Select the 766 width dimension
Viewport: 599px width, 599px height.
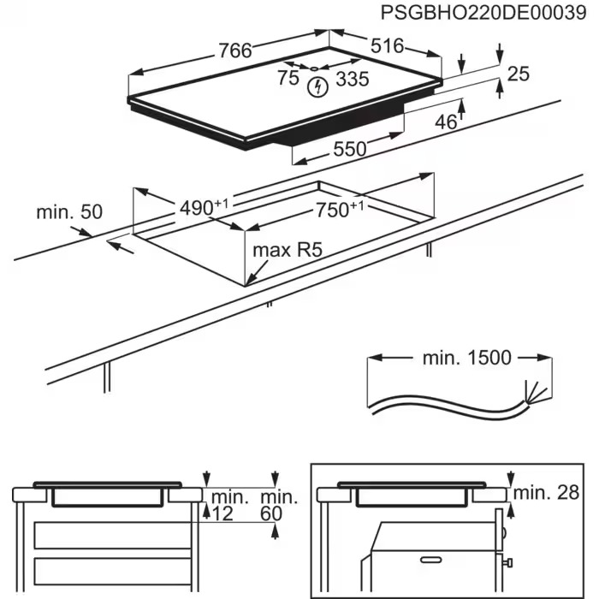tap(234, 50)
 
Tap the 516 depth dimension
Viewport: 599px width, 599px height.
tap(388, 46)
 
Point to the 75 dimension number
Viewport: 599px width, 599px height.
tap(288, 79)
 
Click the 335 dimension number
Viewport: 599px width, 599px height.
tap(352, 80)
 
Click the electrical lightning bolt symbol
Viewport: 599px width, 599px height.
tap(319, 86)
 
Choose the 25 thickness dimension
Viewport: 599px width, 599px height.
tap(519, 74)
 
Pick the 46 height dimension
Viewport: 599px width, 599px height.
tap(446, 122)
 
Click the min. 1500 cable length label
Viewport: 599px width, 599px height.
tap(466, 358)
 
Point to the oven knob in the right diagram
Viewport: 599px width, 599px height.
tap(508, 562)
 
